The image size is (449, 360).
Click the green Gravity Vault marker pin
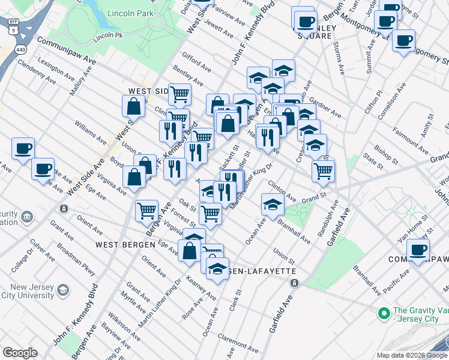pyautogui.click(x=383, y=313)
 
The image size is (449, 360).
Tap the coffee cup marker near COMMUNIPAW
pyautogui.click(x=418, y=250)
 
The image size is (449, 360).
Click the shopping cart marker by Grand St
pyautogui.click(x=323, y=171)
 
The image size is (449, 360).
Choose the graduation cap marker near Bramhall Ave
pyautogui.click(x=273, y=204)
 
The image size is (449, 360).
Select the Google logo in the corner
pyautogui.click(x=20, y=353)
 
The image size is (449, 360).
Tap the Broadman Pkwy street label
pyautogui.click(x=76, y=259)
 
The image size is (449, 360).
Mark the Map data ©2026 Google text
pyautogui.click(x=411, y=355)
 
